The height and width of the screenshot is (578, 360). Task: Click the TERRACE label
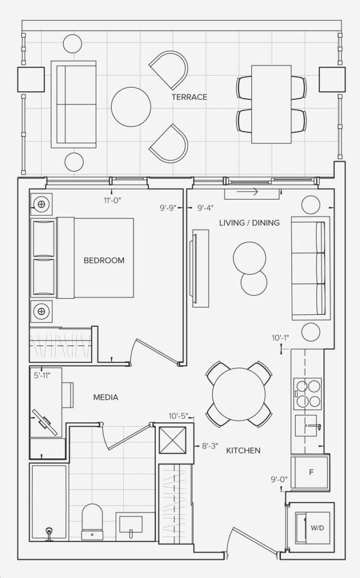click(x=190, y=97)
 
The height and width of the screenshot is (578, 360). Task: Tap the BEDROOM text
click(x=104, y=260)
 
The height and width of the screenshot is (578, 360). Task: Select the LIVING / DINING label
click(x=249, y=222)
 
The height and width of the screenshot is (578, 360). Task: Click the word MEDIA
click(x=106, y=397)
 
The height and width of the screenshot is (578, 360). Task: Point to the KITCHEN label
click(x=243, y=450)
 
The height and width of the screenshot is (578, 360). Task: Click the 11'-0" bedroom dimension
click(x=112, y=200)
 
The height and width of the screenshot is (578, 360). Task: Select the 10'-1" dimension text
click(x=280, y=338)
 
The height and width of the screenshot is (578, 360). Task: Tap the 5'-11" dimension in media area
click(x=42, y=375)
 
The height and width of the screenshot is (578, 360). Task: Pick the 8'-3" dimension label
click(x=210, y=446)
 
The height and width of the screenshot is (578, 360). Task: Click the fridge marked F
click(x=310, y=472)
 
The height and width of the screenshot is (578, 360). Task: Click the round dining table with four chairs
click(x=239, y=394)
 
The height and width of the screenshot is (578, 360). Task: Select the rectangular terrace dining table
click(x=271, y=104)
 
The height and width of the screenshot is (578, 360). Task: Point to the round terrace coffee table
click(x=131, y=107)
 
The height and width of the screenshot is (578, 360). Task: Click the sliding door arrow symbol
click(x=247, y=192)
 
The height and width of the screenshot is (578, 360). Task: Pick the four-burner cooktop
click(x=308, y=393)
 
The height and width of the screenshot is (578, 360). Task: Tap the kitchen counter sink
click(x=306, y=426)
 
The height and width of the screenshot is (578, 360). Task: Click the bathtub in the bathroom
click(x=49, y=502)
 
